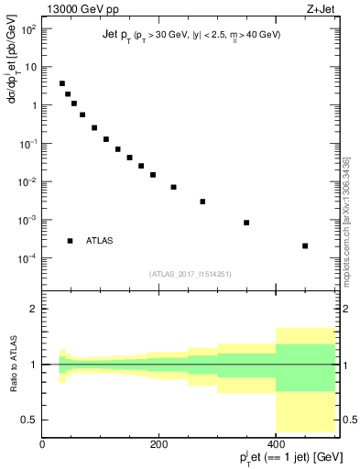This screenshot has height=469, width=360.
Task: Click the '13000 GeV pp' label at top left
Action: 78,10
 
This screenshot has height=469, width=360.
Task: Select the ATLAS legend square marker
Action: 70,241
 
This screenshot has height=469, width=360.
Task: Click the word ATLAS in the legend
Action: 100,241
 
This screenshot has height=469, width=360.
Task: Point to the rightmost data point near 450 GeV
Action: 305,245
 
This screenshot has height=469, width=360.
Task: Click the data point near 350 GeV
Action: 246,223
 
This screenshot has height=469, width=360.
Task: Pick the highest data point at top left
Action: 62,83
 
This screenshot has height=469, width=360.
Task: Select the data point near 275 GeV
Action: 202,202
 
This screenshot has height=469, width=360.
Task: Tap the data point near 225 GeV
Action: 173,187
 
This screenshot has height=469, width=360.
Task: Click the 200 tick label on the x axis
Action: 158,444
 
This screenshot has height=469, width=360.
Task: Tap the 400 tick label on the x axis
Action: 276,444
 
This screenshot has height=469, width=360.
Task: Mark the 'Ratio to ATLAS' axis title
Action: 13,365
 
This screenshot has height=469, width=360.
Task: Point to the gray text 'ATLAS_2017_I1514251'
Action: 189,273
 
